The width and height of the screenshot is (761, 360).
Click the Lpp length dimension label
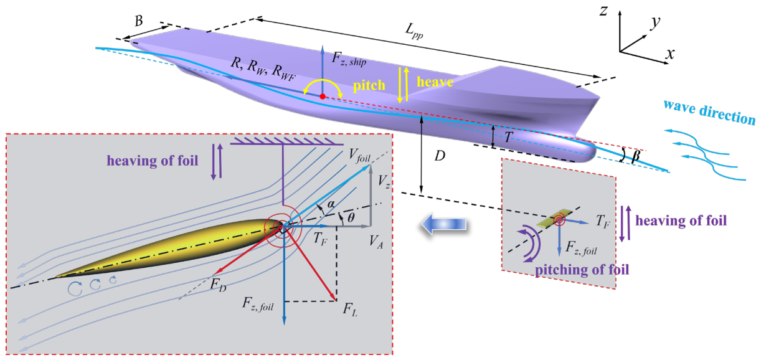click(x=415, y=32)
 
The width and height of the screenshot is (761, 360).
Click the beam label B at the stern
click(x=139, y=21)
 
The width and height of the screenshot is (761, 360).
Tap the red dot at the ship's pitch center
click(x=323, y=97)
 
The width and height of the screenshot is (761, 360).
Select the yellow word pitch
click(x=369, y=85)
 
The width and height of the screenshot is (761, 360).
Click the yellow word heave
click(x=435, y=82)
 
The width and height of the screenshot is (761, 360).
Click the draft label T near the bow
click(x=508, y=137)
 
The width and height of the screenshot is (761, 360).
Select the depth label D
click(x=440, y=156)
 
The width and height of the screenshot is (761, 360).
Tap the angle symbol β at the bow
click(x=636, y=156)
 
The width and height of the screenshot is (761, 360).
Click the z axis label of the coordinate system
click(x=603, y=11)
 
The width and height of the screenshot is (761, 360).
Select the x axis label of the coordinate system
click(x=670, y=54)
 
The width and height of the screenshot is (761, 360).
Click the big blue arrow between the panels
click(x=443, y=224)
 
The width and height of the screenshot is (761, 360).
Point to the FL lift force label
click(x=350, y=309)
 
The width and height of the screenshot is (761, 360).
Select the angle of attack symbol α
click(x=331, y=204)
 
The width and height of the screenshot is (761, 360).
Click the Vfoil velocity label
click(x=359, y=156)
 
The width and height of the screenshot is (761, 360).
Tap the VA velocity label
click(x=376, y=242)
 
